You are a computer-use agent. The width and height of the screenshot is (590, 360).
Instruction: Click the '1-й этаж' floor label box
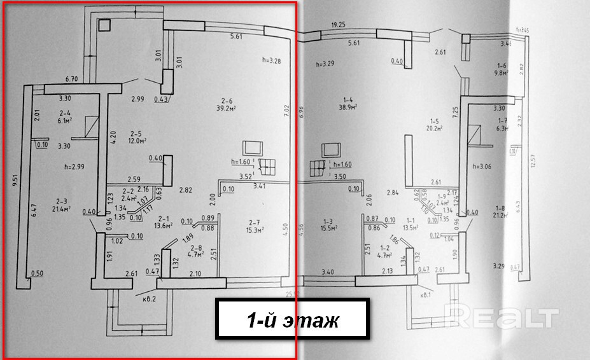[x=293, y=319]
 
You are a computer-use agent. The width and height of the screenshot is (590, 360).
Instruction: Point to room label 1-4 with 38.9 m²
[x=348, y=104]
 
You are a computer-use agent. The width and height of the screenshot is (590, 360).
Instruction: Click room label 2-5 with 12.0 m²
[x=135, y=137]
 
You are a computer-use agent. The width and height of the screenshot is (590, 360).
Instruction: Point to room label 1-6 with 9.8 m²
[x=501, y=69]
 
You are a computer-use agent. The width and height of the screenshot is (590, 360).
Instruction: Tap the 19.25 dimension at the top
[x=337, y=25]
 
